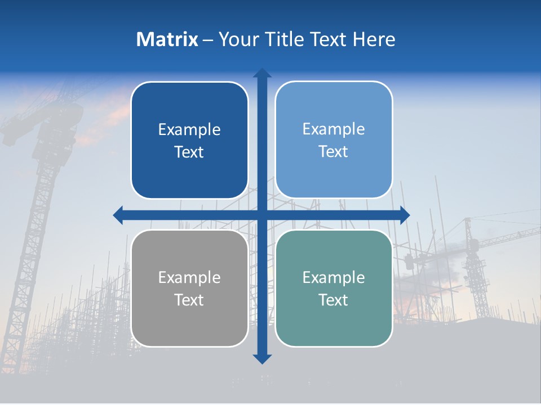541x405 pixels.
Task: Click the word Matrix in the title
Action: tap(167, 39)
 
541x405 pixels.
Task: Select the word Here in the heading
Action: tap(374, 39)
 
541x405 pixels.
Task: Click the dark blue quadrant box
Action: tap(189, 140)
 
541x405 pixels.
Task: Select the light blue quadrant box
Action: tap(334, 139)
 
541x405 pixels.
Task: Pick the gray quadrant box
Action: tap(189, 288)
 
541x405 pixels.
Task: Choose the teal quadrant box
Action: tap(334, 288)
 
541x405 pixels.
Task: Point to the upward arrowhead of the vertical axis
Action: tap(261, 73)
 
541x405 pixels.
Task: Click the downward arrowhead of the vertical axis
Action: tap(261, 358)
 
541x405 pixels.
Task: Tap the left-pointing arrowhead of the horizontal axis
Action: tap(118, 215)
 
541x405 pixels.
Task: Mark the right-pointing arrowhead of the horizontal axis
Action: tap(405, 215)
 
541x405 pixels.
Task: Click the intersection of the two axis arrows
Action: tap(261, 215)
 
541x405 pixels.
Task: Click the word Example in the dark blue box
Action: tap(189, 129)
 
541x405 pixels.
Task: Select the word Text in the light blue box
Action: tap(334, 151)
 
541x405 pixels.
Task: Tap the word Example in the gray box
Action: tap(189, 277)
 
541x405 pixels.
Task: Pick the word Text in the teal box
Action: tap(334, 300)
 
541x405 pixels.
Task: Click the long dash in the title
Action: tap(208, 40)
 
